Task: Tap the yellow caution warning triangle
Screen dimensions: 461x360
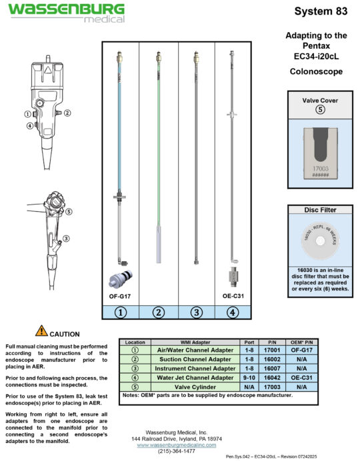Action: (x=41, y=330)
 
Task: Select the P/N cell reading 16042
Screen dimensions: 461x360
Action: (x=273, y=376)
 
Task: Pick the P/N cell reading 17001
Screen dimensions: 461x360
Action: (x=273, y=350)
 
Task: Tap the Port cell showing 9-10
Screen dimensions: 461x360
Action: (x=247, y=376)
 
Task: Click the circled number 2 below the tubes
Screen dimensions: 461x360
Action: (x=159, y=311)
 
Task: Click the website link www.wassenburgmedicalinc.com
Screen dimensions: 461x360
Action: (x=179, y=444)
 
